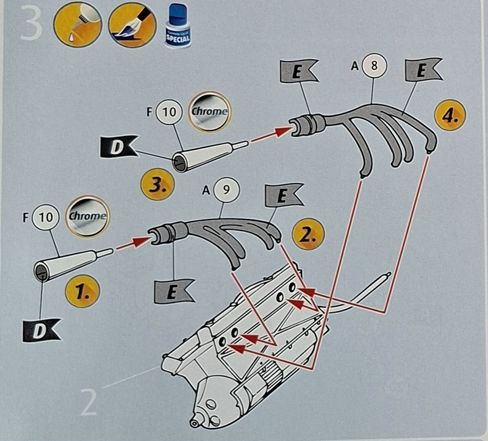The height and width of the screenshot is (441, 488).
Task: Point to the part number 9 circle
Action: click(225, 190)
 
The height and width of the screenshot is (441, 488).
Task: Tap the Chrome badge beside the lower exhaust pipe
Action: click(86, 216)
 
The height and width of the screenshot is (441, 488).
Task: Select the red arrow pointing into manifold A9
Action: click(132, 243)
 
